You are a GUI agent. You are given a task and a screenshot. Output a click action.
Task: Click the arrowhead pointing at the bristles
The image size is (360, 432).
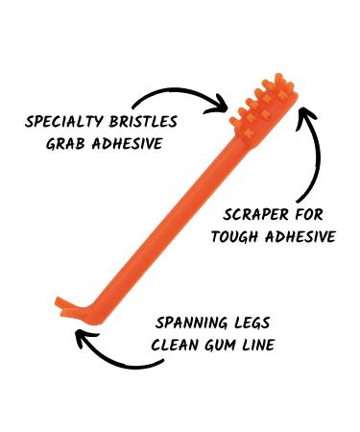[x=220, y=105]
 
